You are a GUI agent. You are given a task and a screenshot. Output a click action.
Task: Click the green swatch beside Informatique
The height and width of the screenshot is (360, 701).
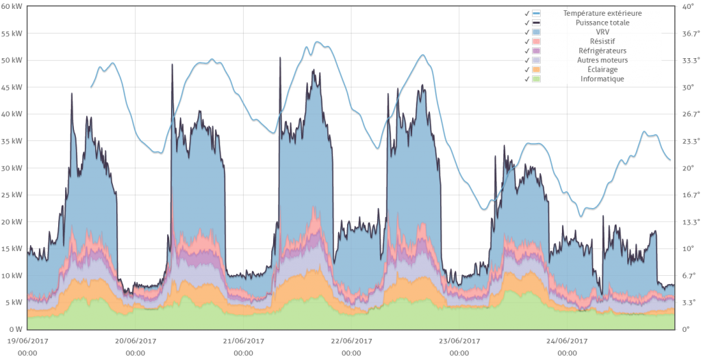click(537, 79)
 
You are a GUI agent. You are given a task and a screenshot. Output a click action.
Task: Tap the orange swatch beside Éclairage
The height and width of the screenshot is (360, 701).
click(537, 70)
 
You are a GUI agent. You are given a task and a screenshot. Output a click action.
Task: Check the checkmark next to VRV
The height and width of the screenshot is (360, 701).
click(526, 32)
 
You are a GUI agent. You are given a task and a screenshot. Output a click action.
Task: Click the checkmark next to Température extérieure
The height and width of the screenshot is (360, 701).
click(526, 13)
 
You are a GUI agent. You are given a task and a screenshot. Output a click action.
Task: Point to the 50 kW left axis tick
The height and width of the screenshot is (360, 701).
click(12, 60)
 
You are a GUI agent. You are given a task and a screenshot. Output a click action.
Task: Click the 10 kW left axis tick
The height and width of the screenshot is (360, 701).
click(12, 275)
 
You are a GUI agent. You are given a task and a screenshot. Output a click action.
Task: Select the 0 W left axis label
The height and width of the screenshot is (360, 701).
click(15, 329)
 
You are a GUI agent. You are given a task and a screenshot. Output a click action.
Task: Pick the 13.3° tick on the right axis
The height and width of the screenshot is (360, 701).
click(687, 222)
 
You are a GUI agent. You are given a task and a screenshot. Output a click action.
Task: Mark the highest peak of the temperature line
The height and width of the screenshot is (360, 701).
click(317, 41)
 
